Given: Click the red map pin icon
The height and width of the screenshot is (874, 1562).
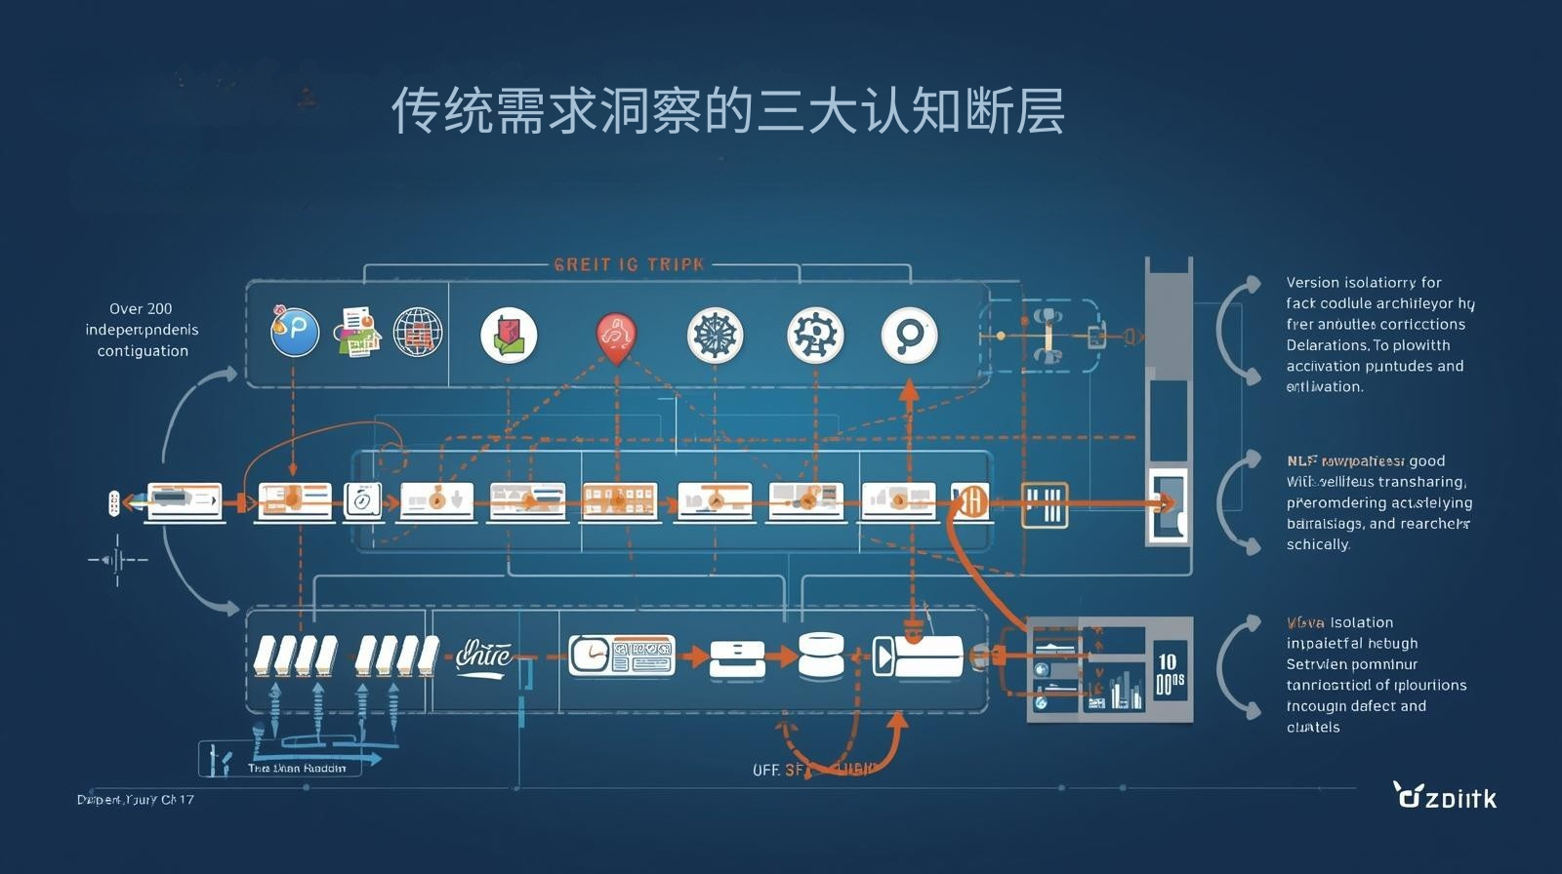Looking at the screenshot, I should tap(616, 337).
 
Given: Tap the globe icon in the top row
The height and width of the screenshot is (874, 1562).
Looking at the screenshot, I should tap(418, 332).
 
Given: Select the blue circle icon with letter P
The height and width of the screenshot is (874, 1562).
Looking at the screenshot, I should tap(295, 332).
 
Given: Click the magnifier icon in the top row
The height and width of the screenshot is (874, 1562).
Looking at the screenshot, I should tap(909, 336).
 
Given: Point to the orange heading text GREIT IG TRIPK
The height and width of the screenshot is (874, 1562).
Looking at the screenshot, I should tap(629, 264).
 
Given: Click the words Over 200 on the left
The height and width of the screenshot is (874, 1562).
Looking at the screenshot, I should tap(141, 308).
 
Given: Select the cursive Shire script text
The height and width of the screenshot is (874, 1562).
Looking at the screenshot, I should tap(483, 655).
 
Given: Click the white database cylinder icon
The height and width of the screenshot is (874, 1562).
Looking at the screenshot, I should tap(820, 655).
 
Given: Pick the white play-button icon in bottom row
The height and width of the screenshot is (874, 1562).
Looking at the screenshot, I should tap(884, 656).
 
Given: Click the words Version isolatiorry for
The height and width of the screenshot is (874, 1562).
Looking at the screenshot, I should tap(1363, 282).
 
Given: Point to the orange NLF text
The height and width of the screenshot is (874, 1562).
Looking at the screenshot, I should tap(1301, 460).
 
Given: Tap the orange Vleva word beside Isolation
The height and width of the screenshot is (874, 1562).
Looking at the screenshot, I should tap(1305, 622).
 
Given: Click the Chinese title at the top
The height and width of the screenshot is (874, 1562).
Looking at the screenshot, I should tap(727, 111).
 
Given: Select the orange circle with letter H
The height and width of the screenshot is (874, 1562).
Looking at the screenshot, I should tap(972, 502).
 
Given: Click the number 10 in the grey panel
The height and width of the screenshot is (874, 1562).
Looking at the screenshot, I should tap(1168, 662).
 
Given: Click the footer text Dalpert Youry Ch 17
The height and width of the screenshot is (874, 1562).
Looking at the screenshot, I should tap(136, 800).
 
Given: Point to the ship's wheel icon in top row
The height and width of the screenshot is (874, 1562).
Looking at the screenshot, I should tap(715, 336).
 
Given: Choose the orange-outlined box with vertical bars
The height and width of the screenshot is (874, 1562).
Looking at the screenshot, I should tap(1044, 505).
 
